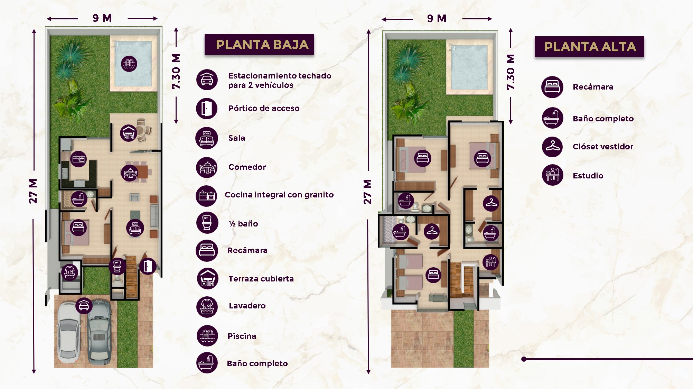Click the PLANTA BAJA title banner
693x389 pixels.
259,44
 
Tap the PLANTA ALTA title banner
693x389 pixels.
589,47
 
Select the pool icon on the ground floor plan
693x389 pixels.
129,64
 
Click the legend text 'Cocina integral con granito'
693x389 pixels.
279,195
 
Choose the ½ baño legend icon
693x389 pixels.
207,223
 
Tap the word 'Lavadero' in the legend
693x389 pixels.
247,306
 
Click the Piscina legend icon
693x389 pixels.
207,335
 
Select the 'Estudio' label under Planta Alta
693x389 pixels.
588,176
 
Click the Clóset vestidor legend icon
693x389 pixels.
553,147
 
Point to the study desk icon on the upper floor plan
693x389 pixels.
490,262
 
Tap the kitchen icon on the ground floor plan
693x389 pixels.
79,159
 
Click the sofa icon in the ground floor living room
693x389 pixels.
135,228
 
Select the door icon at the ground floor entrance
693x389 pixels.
148,266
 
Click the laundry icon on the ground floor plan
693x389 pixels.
70,272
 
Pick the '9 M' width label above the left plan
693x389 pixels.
102,18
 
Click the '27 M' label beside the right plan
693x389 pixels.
367,192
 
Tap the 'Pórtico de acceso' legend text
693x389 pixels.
264,108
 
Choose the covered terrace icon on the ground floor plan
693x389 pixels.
128,133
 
